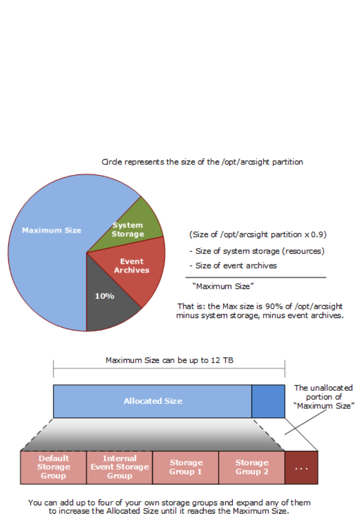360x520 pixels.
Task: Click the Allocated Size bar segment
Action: tap(153, 401)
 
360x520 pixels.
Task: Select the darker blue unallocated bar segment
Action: tap(268, 401)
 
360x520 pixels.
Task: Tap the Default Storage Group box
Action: tap(53, 467)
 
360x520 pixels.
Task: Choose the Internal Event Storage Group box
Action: tap(120, 467)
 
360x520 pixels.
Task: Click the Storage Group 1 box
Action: tap(186, 467)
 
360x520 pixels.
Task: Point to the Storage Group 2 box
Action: tap(251, 467)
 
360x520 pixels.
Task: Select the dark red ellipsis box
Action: tap(301, 468)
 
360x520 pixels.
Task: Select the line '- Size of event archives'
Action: tap(233, 265)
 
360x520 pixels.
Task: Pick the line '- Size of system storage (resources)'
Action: tap(257, 251)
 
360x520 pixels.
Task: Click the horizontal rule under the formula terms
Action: tap(256, 277)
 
